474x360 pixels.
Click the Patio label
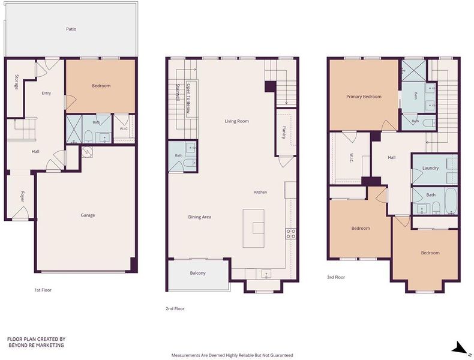(71, 29)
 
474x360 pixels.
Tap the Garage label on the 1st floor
(88, 215)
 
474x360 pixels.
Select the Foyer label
(22, 196)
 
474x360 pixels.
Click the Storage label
(16, 82)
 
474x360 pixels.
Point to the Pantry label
(284, 133)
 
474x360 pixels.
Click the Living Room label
(236, 121)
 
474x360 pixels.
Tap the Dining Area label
(200, 217)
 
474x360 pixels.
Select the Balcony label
(198, 273)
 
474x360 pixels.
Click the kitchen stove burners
(291, 233)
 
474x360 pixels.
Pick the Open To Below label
(188, 98)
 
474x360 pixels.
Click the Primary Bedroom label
(364, 97)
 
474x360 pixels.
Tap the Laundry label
(430, 168)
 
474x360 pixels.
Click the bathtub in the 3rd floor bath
(451, 201)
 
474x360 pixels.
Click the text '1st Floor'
(43, 290)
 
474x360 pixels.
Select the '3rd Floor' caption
(336, 277)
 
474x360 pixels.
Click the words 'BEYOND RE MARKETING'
(36, 345)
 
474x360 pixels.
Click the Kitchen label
(260, 192)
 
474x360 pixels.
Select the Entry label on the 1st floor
(46, 94)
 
